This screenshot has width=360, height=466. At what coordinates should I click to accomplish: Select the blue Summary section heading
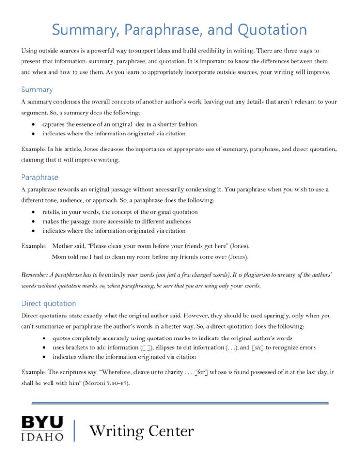coord(37,89)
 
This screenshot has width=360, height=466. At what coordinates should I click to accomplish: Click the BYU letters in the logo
coord(42,422)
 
